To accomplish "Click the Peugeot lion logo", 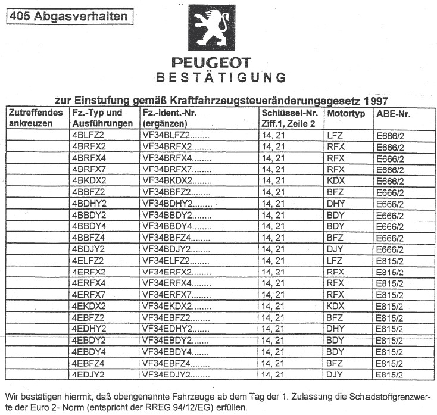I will tap(211, 29).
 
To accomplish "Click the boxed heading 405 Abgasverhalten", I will tap(68, 17).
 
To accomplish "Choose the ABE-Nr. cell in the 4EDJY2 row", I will tap(391, 375).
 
